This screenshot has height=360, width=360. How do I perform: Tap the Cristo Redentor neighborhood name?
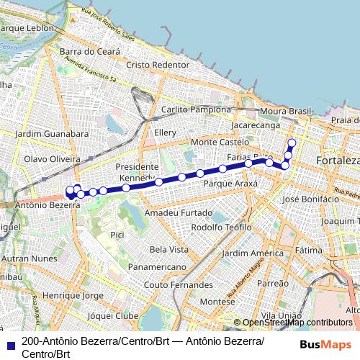[157, 64]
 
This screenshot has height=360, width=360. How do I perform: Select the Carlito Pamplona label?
[196, 109]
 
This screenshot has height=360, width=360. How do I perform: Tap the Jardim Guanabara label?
[52, 134]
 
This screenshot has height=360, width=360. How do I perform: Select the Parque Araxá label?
[230, 184]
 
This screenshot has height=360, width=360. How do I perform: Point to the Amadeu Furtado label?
[179, 213]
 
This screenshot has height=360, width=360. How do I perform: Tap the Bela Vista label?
[169, 249]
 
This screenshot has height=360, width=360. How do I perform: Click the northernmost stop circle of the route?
[292, 142]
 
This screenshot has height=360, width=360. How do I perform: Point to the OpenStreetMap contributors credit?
[297, 323]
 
